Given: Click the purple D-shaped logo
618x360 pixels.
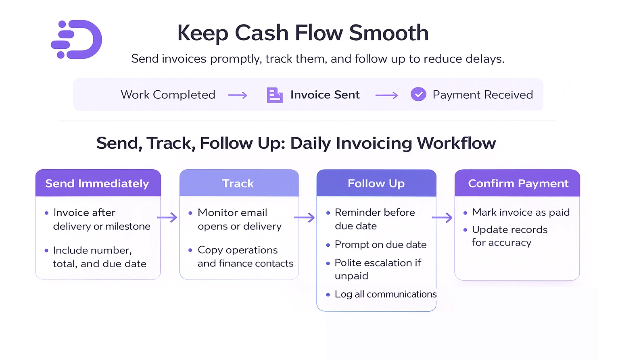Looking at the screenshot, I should tap(77, 40).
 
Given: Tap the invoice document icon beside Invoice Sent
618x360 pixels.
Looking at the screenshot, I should tap(274, 95).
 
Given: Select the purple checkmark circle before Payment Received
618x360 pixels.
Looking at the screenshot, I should tap(418, 94).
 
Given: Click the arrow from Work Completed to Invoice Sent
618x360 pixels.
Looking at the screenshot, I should tap(238, 96).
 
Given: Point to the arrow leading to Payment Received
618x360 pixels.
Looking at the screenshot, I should tap(386, 96).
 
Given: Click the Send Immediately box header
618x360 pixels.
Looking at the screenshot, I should tap(98, 183).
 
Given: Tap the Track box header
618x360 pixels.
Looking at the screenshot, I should tap(238, 183).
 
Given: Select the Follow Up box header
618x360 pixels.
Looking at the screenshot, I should tap(376, 183).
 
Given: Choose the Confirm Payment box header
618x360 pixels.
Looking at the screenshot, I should tap(518, 183).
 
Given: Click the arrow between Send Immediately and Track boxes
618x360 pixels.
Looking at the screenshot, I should tap(167, 218).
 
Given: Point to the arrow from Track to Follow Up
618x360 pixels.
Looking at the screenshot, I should tap(305, 218).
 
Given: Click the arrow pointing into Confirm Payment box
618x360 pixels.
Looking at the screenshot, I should tap(442, 218).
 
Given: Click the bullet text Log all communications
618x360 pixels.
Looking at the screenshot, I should tap(385, 294).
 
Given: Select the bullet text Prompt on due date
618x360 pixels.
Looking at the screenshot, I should tap(380, 245).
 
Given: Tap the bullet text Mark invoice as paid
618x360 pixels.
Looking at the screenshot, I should tap(520, 212).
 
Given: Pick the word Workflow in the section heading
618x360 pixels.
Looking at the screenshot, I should tap(456, 143).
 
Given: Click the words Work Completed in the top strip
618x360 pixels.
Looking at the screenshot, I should tap(168, 95).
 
